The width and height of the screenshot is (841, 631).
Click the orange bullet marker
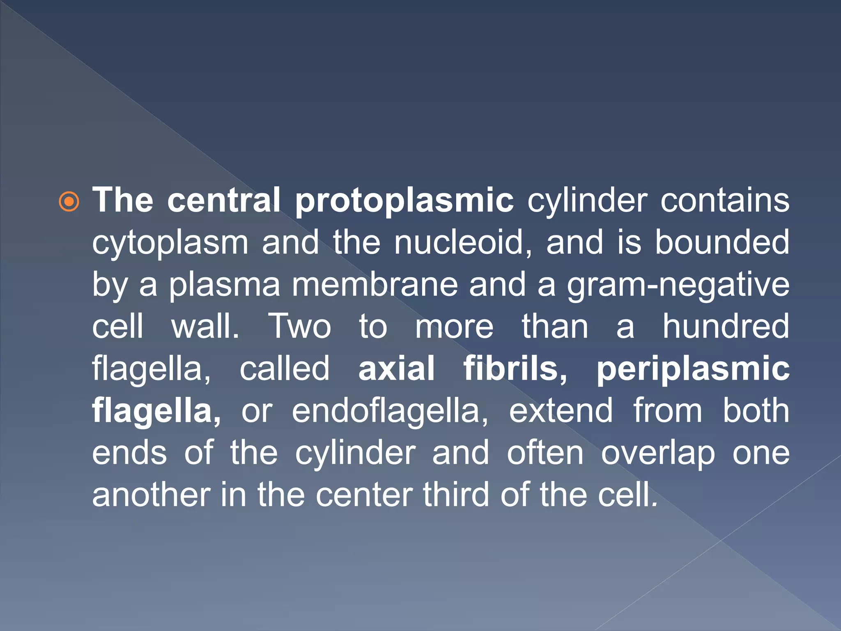point(69,202)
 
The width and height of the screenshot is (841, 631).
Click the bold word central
point(223,200)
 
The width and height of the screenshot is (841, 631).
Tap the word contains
point(724,200)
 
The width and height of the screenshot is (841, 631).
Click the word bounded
point(722,242)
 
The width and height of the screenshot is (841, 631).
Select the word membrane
point(375,284)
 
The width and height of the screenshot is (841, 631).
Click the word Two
point(299,326)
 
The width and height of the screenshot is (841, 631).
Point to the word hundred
point(726,326)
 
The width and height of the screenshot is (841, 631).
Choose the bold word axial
point(396,368)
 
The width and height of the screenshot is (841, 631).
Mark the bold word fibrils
point(515,368)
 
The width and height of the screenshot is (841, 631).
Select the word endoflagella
point(390,411)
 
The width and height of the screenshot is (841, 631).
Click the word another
point(151,495)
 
